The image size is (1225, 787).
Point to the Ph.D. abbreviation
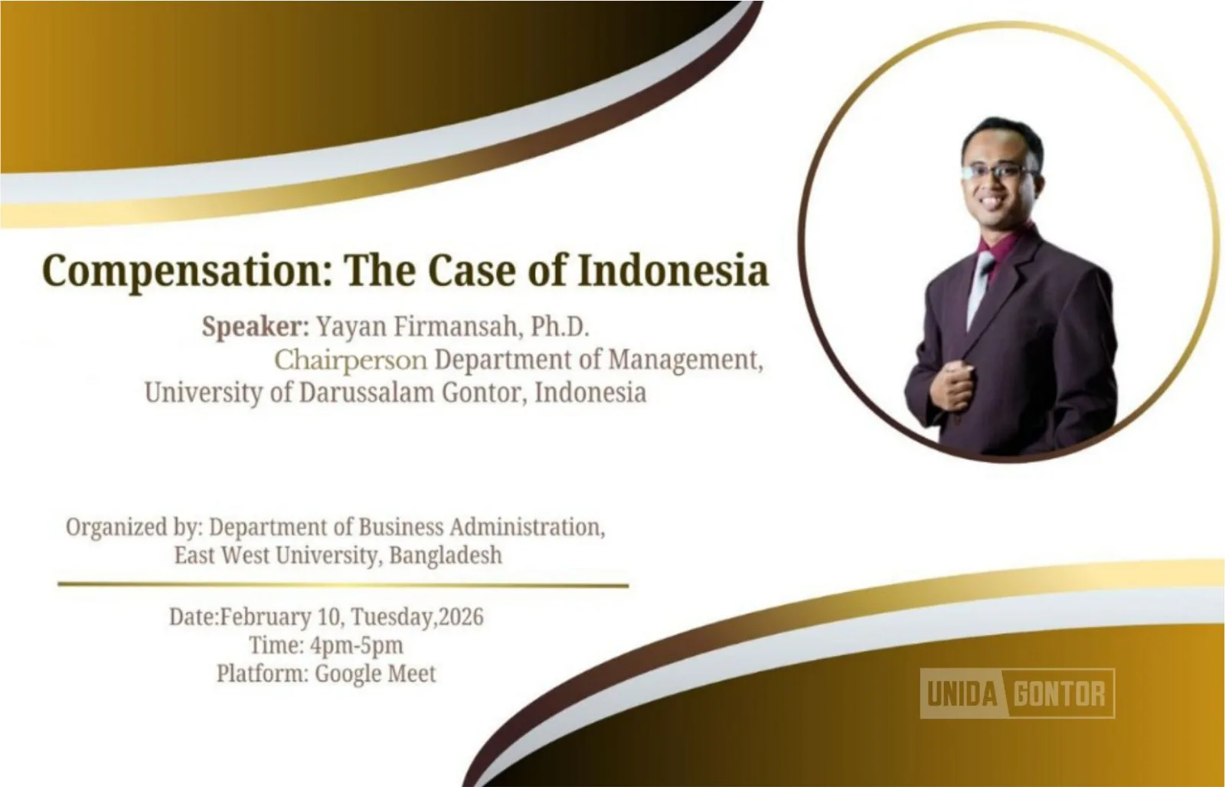point(560,327)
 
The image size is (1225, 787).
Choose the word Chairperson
point(351,360)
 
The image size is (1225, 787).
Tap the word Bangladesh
point(446,554)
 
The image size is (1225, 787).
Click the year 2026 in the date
point(461,617)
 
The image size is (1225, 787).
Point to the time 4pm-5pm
point(357,645)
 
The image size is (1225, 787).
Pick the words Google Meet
point(375,674)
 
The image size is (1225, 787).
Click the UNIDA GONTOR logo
point(1017,694)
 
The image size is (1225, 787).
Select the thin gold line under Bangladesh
point(343,585)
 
